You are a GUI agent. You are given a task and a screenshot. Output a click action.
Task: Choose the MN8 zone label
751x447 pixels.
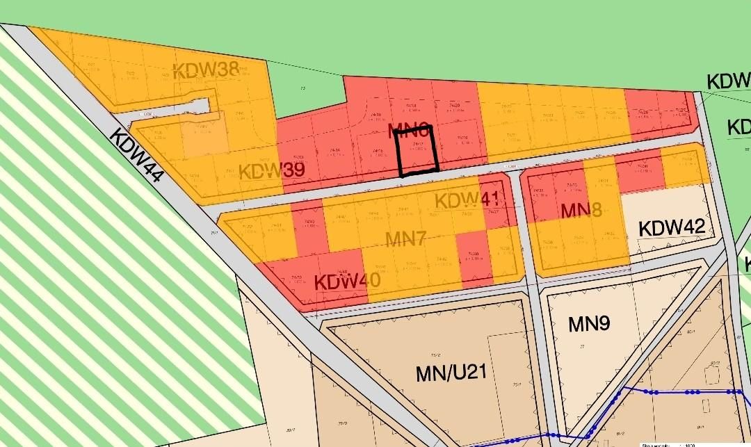click(581, 210)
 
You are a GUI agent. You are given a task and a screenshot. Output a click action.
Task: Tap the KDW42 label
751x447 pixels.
click(672, 227)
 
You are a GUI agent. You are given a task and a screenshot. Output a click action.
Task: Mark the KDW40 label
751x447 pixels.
click(347, 282)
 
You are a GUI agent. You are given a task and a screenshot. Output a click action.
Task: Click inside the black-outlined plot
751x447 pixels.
click(417, 149)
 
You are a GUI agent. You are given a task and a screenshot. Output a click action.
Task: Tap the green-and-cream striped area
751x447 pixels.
click(104, 278)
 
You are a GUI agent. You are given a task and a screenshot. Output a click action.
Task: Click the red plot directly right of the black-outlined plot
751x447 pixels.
click(459, 143)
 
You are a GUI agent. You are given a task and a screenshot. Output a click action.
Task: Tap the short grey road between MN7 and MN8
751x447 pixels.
click(524, 229)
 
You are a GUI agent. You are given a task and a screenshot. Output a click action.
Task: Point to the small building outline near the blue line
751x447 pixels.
click(711, 375)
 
